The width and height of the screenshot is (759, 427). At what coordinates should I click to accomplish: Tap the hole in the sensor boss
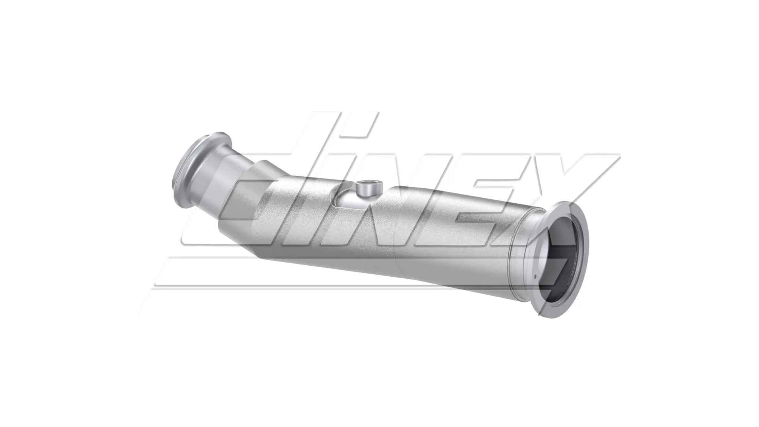pos(369,184)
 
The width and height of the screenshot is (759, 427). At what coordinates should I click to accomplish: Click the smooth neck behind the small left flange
pos(229,166)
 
